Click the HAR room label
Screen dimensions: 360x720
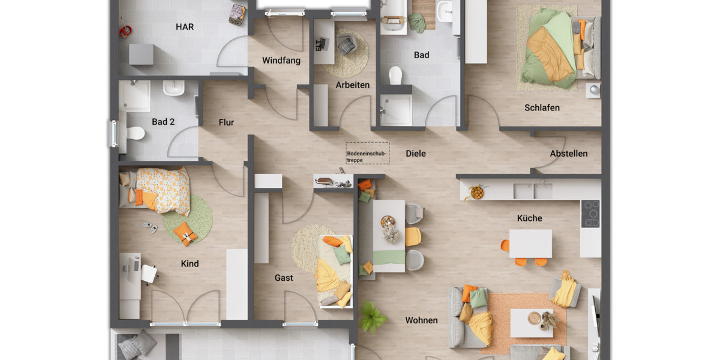coord(185,27)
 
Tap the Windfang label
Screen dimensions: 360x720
coord(281,61)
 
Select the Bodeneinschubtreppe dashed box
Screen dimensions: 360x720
coord(367,153)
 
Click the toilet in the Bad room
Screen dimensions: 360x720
coord(395,75)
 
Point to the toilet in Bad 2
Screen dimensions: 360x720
coord(136,133)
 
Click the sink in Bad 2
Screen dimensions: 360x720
coord(174,89)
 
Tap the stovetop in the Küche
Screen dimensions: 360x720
coord(590,214)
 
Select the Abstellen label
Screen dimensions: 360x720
coord(569,154)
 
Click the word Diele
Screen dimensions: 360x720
coord(416,154)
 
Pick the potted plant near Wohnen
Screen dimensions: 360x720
coord(372,316)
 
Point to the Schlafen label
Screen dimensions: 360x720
coord(542,108)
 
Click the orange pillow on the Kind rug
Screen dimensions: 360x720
coord(185,233)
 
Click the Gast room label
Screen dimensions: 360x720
coord(284,278)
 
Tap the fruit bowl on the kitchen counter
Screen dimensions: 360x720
coord(477,193)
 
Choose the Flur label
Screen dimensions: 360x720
coord(226,122)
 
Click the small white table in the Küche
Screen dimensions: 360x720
coord(530,244)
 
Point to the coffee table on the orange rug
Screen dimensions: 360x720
coord(531,322)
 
